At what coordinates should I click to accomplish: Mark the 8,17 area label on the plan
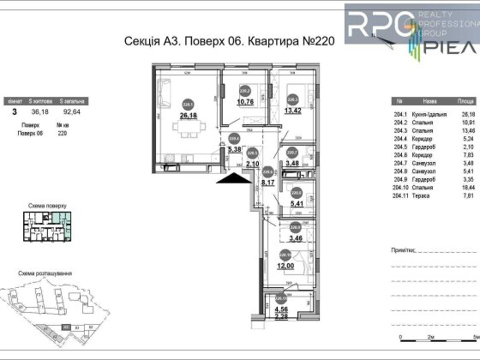click(268, 181)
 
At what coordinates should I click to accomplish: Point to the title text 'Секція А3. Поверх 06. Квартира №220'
click(196, 51)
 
